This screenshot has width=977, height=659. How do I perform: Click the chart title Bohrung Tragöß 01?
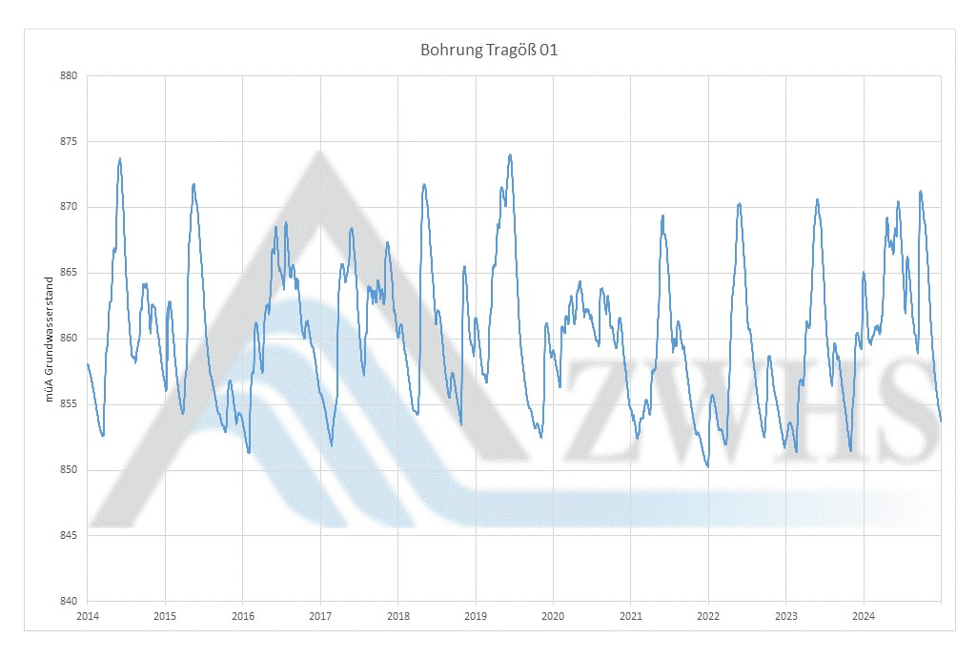pos(488,50)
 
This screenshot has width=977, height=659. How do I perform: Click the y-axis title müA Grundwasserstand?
pos(50,338)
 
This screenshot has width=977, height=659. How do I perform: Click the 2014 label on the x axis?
pos(87,616)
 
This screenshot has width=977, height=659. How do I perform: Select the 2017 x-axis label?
pos(320,616)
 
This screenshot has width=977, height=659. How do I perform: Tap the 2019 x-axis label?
pos(476,616)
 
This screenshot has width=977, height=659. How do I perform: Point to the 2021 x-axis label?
pos(630,616)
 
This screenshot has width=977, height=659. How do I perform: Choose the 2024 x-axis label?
pos(863,616)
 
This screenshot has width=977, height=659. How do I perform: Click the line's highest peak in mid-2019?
pos(510,154)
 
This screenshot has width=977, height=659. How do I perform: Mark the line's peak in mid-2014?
pos(120,159)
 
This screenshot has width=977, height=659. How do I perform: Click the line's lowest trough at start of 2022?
pos(708,467)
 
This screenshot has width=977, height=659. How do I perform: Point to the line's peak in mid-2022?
pos(739,203)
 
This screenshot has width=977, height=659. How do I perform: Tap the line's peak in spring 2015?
pos(193,184)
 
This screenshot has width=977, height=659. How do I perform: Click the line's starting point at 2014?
pos(88,364)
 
